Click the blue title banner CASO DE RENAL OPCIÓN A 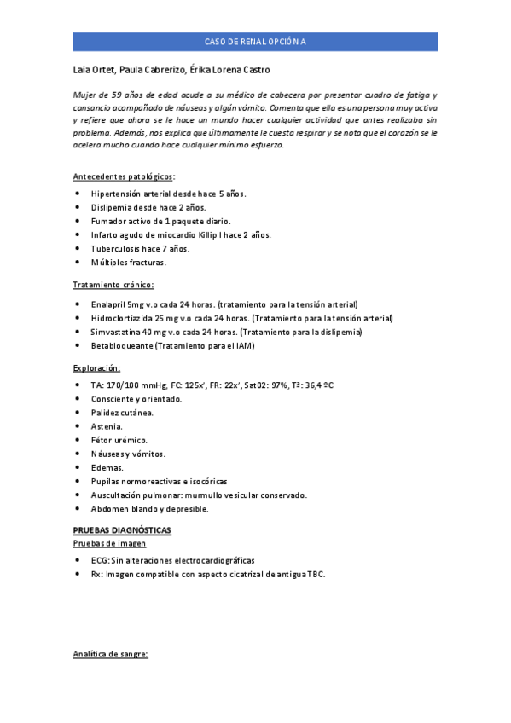[255, 42]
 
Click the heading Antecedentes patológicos [123, 176]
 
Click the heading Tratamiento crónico [113, 285]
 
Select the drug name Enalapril [110, 304]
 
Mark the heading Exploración [96, 367]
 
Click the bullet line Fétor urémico [119, 440]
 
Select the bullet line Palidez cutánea [122, 413]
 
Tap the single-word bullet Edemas [107, 467]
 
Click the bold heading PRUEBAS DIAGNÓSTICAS [122, 530]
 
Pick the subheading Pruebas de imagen [109, 543]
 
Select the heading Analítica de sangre [110, 655]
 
